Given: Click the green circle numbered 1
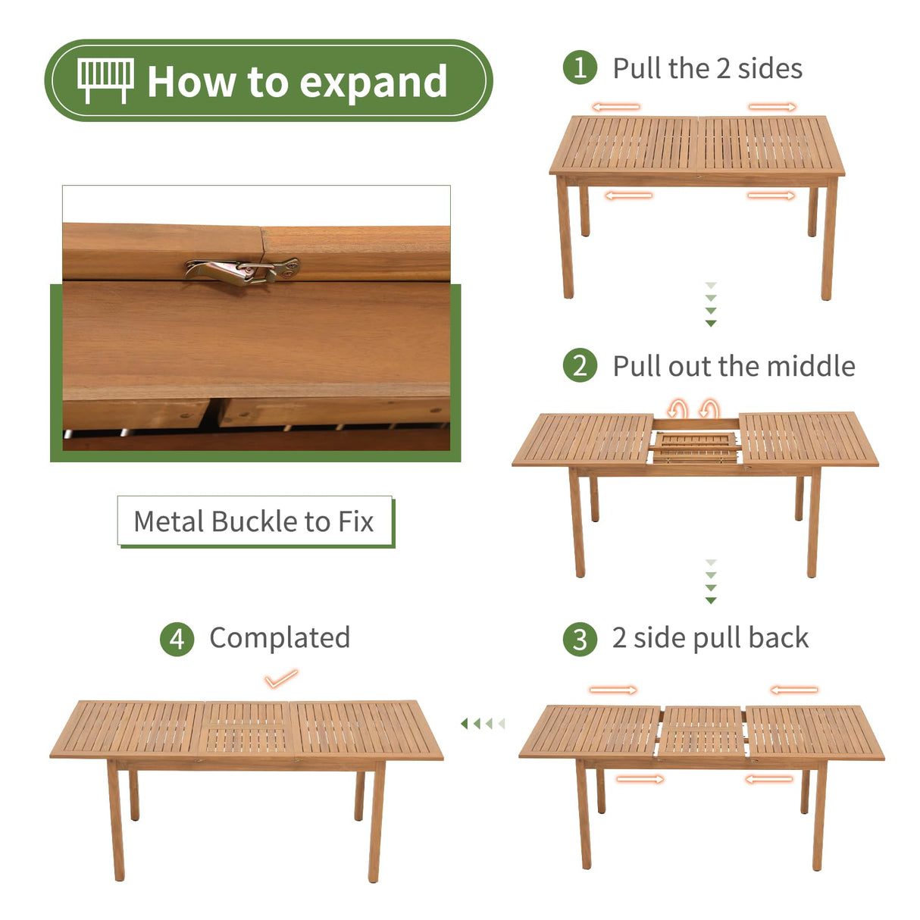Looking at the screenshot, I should point(580,67).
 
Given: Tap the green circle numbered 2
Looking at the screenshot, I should point(580,365).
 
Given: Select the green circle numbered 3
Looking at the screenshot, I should point(580,639).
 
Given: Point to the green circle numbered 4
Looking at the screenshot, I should point(177,639).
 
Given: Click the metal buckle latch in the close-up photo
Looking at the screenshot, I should point(243,270).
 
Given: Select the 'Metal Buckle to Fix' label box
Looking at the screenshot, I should point(255,521).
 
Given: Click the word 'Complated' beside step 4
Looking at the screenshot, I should point(280,637).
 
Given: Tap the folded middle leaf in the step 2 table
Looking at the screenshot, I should point(696,446).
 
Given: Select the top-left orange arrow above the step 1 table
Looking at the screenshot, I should point(615,107).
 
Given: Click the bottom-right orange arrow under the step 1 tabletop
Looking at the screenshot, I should point(771,196).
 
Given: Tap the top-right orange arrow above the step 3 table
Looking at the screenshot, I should point(794,690).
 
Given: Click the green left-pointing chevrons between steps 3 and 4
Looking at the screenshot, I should point(482,724).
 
